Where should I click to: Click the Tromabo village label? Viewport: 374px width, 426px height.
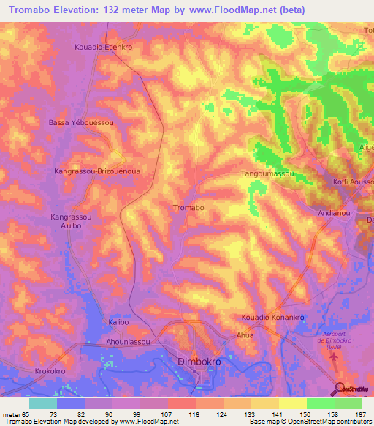[188, 208]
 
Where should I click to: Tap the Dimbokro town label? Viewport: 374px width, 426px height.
[199, 362]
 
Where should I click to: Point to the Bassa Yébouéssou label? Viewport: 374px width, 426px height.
[81, 123]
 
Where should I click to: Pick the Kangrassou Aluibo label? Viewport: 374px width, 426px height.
[71, 223]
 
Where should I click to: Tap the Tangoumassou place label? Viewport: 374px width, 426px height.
[267, 174]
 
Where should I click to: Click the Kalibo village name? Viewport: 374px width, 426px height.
[118, 322]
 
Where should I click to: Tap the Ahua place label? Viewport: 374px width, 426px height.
[245, 335]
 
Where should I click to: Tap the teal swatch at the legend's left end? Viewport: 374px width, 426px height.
[42, 403]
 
